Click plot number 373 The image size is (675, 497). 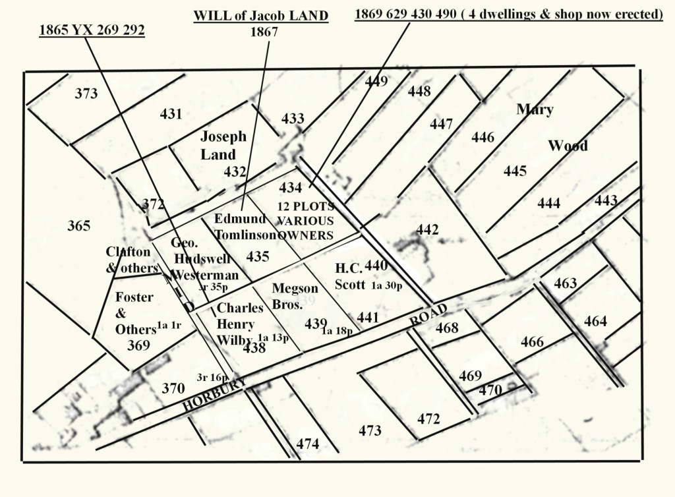click(x=86, y=94)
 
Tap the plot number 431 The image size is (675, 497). click(x=171, y=114)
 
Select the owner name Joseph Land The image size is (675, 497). click(x=223, y=146)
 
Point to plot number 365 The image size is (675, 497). click(x=78, y=226)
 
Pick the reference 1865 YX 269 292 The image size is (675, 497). click(x=91, y=30)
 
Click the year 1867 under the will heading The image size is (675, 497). click(x=264, y=30)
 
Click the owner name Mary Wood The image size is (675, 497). click(x=551, y=127)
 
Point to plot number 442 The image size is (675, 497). click(x=427, y=229)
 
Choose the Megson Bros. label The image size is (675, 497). click(x=295, y=295)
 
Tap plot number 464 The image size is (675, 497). click(x=595, y=321)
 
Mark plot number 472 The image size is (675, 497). click(x=428, y=419)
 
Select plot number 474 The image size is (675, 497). click(x=308, y=444)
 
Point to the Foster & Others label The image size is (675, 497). click(x=134, y=313)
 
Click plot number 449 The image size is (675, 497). click(x=376, y=82)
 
